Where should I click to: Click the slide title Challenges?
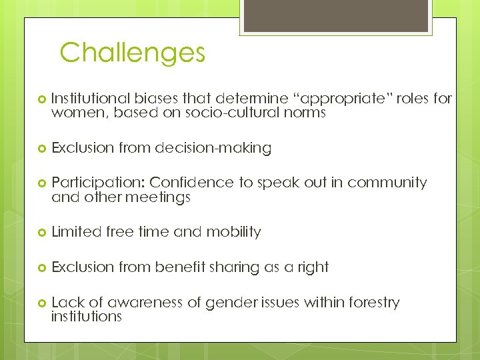coord(132,53)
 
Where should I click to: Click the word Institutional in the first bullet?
coord(87,99)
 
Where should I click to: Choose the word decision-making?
coord(213,148)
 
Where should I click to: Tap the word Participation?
coord(98,183)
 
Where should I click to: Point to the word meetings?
coord(159,197)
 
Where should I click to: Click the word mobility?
coord(233,232)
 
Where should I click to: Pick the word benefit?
coord(179,267)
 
